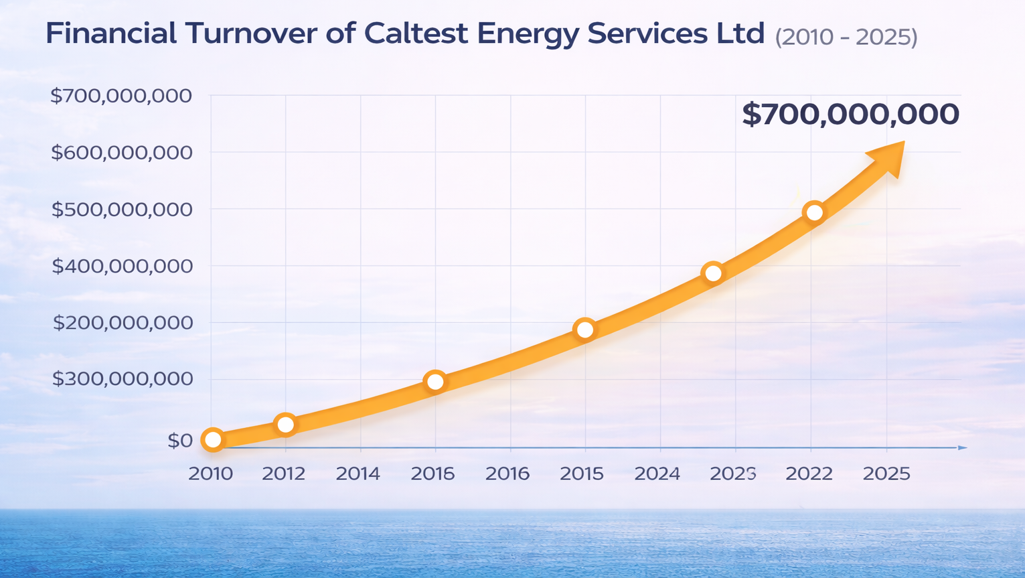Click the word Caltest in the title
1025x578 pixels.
click(416, 33)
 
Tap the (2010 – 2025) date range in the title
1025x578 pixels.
click(846, 37)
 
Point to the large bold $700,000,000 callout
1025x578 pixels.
click(850, 115)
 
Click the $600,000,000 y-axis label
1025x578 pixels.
click(122, 153)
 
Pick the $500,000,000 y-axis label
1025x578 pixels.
click(122, 210)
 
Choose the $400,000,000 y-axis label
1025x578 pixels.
click(122, 267)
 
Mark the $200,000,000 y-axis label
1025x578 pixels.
click(122, 323)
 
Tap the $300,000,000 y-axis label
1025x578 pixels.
click(122, 379)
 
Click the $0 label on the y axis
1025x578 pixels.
click(179, 441)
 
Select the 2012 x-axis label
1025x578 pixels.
click(283, 474)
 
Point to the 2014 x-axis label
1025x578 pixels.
click(358, 474)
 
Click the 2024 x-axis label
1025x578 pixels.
click(657, 474)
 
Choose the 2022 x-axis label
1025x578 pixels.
click(809, 474)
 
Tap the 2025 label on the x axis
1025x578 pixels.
click(886, 474)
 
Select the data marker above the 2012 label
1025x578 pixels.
click(286, 425)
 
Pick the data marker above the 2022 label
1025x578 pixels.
click(814, 213)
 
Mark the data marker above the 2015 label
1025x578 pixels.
click(585, 330)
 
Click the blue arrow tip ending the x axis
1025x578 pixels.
click(963, 447)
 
